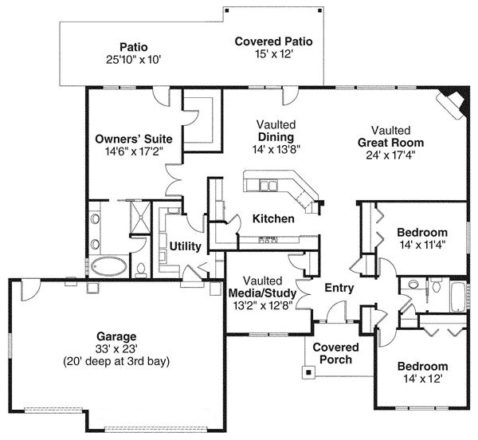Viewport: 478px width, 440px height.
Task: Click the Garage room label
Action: pos(116,337)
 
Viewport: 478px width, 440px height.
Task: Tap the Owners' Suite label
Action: pos(134,139)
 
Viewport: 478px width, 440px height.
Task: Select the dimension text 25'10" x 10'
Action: pos(134,60)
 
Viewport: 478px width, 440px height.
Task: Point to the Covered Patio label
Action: pos(273,41)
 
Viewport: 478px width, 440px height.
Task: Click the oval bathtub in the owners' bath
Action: pos(109,267)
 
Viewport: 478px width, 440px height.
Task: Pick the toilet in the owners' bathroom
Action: pos(141,270)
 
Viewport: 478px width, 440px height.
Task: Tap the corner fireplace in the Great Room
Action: pos(453,103)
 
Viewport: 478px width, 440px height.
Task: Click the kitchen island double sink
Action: pos(268,185)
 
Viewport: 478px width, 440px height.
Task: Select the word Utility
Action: pos(185,246)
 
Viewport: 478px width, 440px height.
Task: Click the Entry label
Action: pos(339,288)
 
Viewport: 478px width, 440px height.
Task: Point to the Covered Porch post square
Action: pos(309,372)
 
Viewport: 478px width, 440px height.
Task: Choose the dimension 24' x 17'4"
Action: pos(391,155)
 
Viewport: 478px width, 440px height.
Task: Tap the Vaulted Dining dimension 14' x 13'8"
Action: pos(276,149)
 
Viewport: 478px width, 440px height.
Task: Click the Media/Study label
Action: pos(262,293)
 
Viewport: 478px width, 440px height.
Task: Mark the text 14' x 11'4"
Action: pos(423,245)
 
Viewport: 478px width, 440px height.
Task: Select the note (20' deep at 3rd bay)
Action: pos(116,362)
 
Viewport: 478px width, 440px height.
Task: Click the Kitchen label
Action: pos(273,219)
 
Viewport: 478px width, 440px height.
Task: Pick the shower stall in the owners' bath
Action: pos(140,217)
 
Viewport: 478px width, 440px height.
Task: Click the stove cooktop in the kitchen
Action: pos(268,240)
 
